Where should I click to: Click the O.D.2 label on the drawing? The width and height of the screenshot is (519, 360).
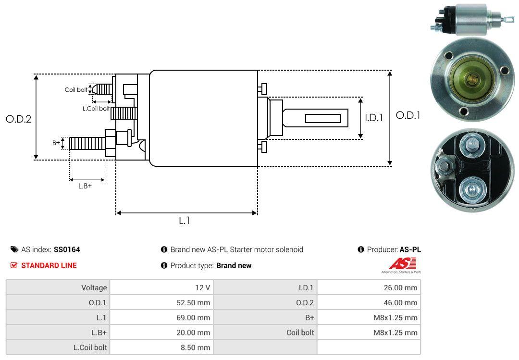[19, 119]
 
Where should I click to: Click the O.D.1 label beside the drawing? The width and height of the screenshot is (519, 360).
[408, 115]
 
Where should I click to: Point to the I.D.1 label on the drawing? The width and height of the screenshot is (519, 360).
[374, 118]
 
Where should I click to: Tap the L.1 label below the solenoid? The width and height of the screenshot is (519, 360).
[185, 221]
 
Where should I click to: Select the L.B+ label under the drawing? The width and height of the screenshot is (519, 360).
[85, 186]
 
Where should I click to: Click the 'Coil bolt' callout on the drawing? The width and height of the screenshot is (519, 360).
[76, 90]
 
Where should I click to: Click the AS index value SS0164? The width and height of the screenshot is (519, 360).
[67, 249]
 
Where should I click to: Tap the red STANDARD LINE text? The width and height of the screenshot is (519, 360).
[49, 265]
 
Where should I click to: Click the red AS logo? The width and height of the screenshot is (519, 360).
[402, 264]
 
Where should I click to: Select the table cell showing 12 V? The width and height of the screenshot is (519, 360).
[161, 287]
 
